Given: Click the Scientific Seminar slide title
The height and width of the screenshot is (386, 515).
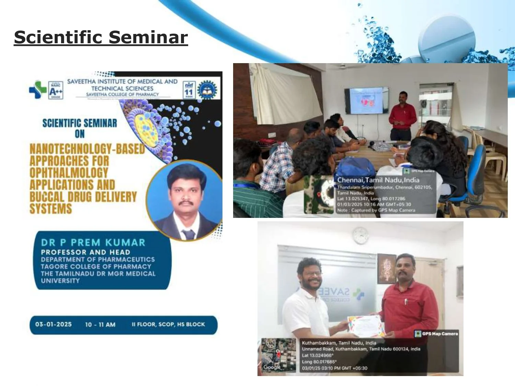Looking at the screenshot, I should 101,37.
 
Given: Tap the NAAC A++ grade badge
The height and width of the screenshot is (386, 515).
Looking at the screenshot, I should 56,90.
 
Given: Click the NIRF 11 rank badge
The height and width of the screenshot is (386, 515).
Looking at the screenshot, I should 189,90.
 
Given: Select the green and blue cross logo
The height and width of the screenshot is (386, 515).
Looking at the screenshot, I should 37,90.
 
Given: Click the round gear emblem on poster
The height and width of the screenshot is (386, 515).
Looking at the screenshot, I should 207,90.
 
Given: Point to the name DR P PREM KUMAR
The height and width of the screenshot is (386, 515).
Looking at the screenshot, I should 93,243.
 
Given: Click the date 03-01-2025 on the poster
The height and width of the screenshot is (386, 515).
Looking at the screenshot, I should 53,324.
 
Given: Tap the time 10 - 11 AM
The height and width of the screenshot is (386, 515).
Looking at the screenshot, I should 100,325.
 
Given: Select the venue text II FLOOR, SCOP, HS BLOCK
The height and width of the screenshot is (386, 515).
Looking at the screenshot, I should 168,324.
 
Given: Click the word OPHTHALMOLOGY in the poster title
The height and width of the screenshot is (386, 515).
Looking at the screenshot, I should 69,173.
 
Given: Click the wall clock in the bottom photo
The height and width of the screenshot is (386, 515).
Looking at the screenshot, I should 360,235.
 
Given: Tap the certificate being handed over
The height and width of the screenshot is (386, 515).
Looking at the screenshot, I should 365,326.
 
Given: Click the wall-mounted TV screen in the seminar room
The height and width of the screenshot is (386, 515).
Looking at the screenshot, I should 367,101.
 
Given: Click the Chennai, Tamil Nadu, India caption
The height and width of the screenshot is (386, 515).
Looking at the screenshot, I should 378,180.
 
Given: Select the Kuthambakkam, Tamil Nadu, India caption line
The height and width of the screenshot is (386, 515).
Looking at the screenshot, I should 339,343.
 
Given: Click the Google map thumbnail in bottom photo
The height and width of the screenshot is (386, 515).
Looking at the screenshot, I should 278,355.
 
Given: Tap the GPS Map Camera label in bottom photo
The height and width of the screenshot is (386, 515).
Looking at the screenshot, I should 436,334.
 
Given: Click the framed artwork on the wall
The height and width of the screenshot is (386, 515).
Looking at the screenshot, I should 387,269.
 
